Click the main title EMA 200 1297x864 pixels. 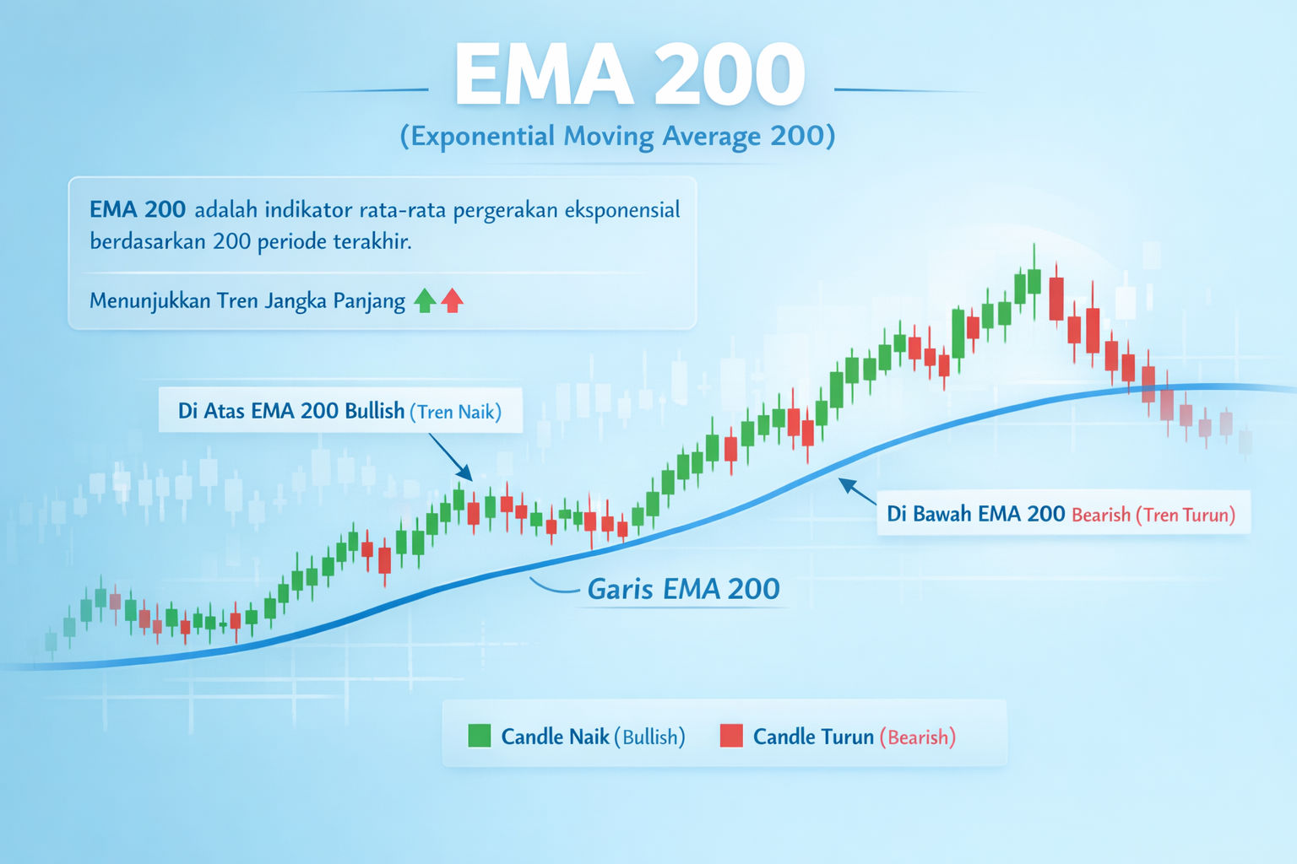click(x=629, y=76)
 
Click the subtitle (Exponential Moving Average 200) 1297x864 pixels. click(x=617, y=136)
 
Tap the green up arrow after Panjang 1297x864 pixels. click(x=425, y=300)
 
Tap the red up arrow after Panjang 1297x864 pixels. click(x=453, y=300)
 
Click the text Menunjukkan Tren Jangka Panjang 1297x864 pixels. click(x=247, y=300)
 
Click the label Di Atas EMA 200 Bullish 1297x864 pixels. click(x=291, y=411)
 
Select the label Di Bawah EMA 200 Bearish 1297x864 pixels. click(x=975, y=514)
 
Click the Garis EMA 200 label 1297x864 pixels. click(x=683, y=589)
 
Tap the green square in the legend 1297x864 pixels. click(x=479, y=736)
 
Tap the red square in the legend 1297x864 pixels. click(x=730, y=736)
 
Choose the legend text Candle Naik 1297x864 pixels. click(x=555, y=737)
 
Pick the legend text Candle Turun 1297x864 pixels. click(x=813, y=737)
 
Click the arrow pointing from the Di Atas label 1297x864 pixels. click(x=451, y=457)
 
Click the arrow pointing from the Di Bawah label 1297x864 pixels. click(x=857, y=491)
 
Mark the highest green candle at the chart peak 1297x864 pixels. click(x=1034, y=281)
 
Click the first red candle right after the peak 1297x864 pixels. click(x=1056, y=298)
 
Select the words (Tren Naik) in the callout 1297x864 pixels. click(x=455, y=412)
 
